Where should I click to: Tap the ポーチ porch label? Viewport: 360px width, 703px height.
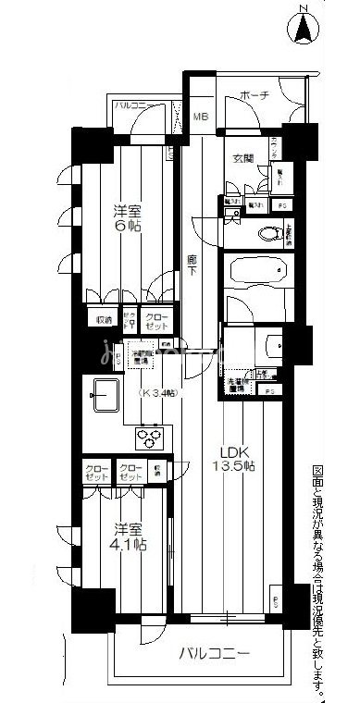[x=254, y=95]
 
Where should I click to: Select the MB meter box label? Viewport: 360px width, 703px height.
[x=199, y=117]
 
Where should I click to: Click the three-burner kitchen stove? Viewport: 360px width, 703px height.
[x=149, y=438]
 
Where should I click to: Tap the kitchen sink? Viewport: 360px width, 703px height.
[x=105, y=397]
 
